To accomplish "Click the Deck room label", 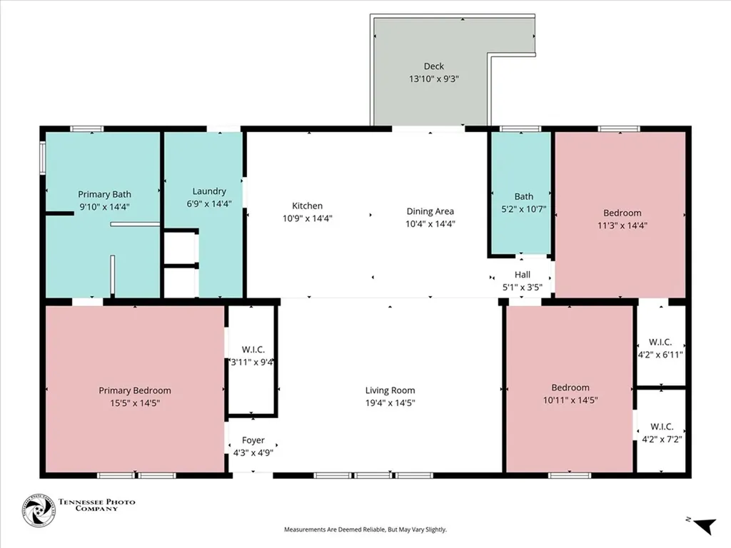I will tap(433, 66).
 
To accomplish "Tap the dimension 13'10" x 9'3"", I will tap(433, 79).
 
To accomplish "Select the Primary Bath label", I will tap(104, 194).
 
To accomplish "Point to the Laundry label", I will tap(209, 191).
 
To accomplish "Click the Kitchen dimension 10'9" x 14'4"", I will tap(308, 218).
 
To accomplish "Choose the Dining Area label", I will tap(430, 211).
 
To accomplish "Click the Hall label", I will tap(523, 275).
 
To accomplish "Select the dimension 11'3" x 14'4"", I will tap(622, 225).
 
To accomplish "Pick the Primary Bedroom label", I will tap(135, 390).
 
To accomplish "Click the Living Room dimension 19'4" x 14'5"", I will tap(390, 402).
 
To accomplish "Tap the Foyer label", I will tap(253, 440).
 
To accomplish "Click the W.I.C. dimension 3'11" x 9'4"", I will tap(253, 362).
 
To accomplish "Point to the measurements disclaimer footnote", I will tap(365, 529).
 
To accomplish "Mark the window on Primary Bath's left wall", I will tap(42, 157).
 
